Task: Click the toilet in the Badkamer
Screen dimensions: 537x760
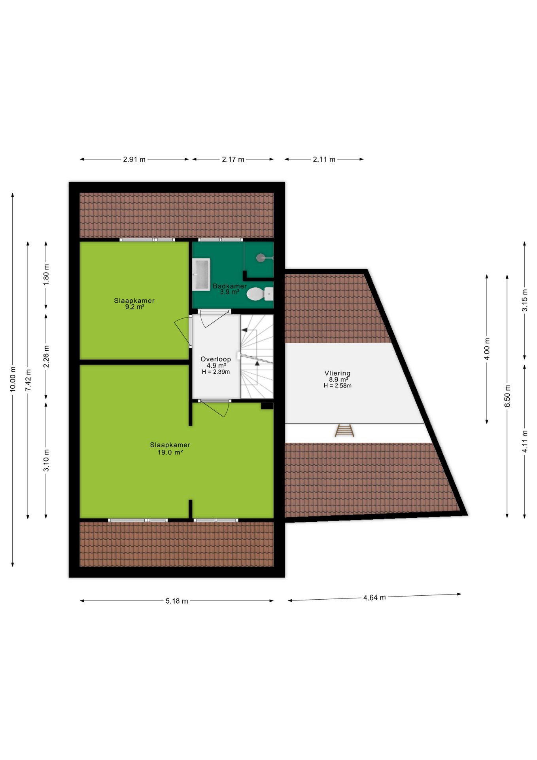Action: click(x=260, y=294)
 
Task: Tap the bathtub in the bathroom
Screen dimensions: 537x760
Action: click(x=201, y=274)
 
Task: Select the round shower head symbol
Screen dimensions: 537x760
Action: click(x=260, y=258)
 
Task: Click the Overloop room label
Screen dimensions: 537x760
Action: click(x=216, y=359)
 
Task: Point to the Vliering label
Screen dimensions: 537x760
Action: click(x=337, y=373)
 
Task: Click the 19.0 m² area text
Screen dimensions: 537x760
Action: click(x=170, y=452)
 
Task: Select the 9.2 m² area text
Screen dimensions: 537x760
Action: click(x=134, y=307)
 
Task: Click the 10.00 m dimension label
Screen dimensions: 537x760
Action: click(x=13, y=380)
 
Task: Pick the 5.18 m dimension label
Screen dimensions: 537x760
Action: click(x=177, y=601)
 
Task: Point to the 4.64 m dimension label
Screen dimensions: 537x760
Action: click(x=374, y=597)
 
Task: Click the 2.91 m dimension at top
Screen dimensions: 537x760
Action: click(x=134, y=160)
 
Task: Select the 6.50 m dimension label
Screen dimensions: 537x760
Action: click(x=507, y=396)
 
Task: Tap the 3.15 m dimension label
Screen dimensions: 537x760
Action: click(x=525, y=300)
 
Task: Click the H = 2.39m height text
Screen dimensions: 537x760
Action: click(x=216, y=372)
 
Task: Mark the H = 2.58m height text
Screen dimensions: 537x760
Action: click(x=337, y=386)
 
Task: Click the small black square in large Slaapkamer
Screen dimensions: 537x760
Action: click(x=267, y=406)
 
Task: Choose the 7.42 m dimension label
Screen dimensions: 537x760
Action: click(x=28, y=380)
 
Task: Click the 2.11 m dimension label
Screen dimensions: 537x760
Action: click(x=324, y=160)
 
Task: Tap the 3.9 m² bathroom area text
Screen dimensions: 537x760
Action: click(x=230, y=292)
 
